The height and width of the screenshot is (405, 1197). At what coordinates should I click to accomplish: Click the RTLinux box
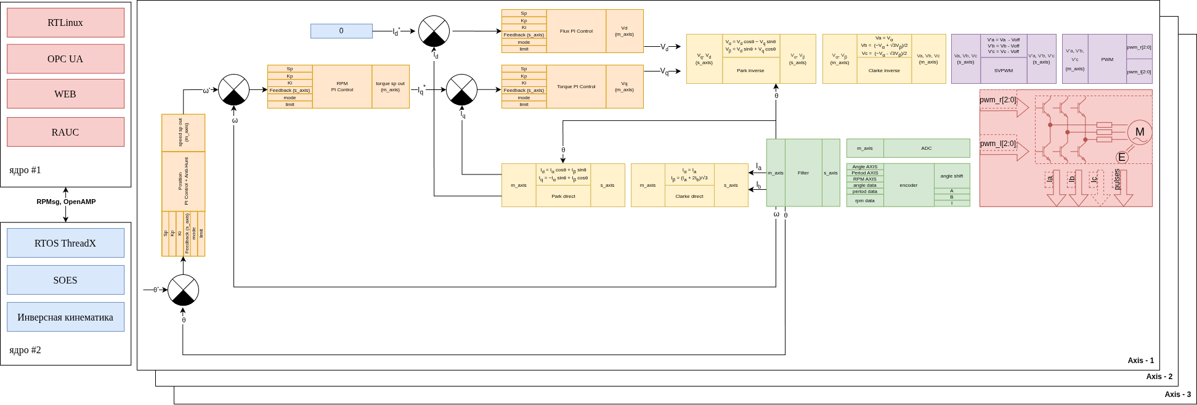65,23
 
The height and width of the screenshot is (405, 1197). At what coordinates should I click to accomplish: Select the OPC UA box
65,59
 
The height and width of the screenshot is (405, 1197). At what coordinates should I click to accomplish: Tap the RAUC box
65,132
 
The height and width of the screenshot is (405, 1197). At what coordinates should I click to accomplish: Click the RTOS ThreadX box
65,243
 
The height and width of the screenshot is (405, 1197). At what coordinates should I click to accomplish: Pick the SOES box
65,280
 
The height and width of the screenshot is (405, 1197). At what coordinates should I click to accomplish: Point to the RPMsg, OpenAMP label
66,202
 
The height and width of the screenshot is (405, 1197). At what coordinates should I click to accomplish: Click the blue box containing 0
341,31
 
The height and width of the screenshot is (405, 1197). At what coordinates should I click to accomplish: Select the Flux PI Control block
576,31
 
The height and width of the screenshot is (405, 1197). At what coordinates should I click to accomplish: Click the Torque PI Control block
576,86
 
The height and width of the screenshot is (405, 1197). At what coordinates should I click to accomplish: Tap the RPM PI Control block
342,86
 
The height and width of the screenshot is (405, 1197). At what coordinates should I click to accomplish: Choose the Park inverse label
750,71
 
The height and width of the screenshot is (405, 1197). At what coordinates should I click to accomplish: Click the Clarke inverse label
884,71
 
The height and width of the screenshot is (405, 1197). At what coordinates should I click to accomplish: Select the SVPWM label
1004,71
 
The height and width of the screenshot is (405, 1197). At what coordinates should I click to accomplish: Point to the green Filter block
803,173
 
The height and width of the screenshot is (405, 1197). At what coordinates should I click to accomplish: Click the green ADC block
926,148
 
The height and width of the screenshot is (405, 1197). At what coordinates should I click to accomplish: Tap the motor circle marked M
1140,132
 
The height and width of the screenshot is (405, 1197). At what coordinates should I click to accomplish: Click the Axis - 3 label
1177,394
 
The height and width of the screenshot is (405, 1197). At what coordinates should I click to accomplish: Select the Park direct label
563,197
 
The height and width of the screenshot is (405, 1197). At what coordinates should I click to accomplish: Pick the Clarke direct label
689,197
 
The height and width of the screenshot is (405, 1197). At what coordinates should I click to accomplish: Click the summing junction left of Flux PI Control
434,31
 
